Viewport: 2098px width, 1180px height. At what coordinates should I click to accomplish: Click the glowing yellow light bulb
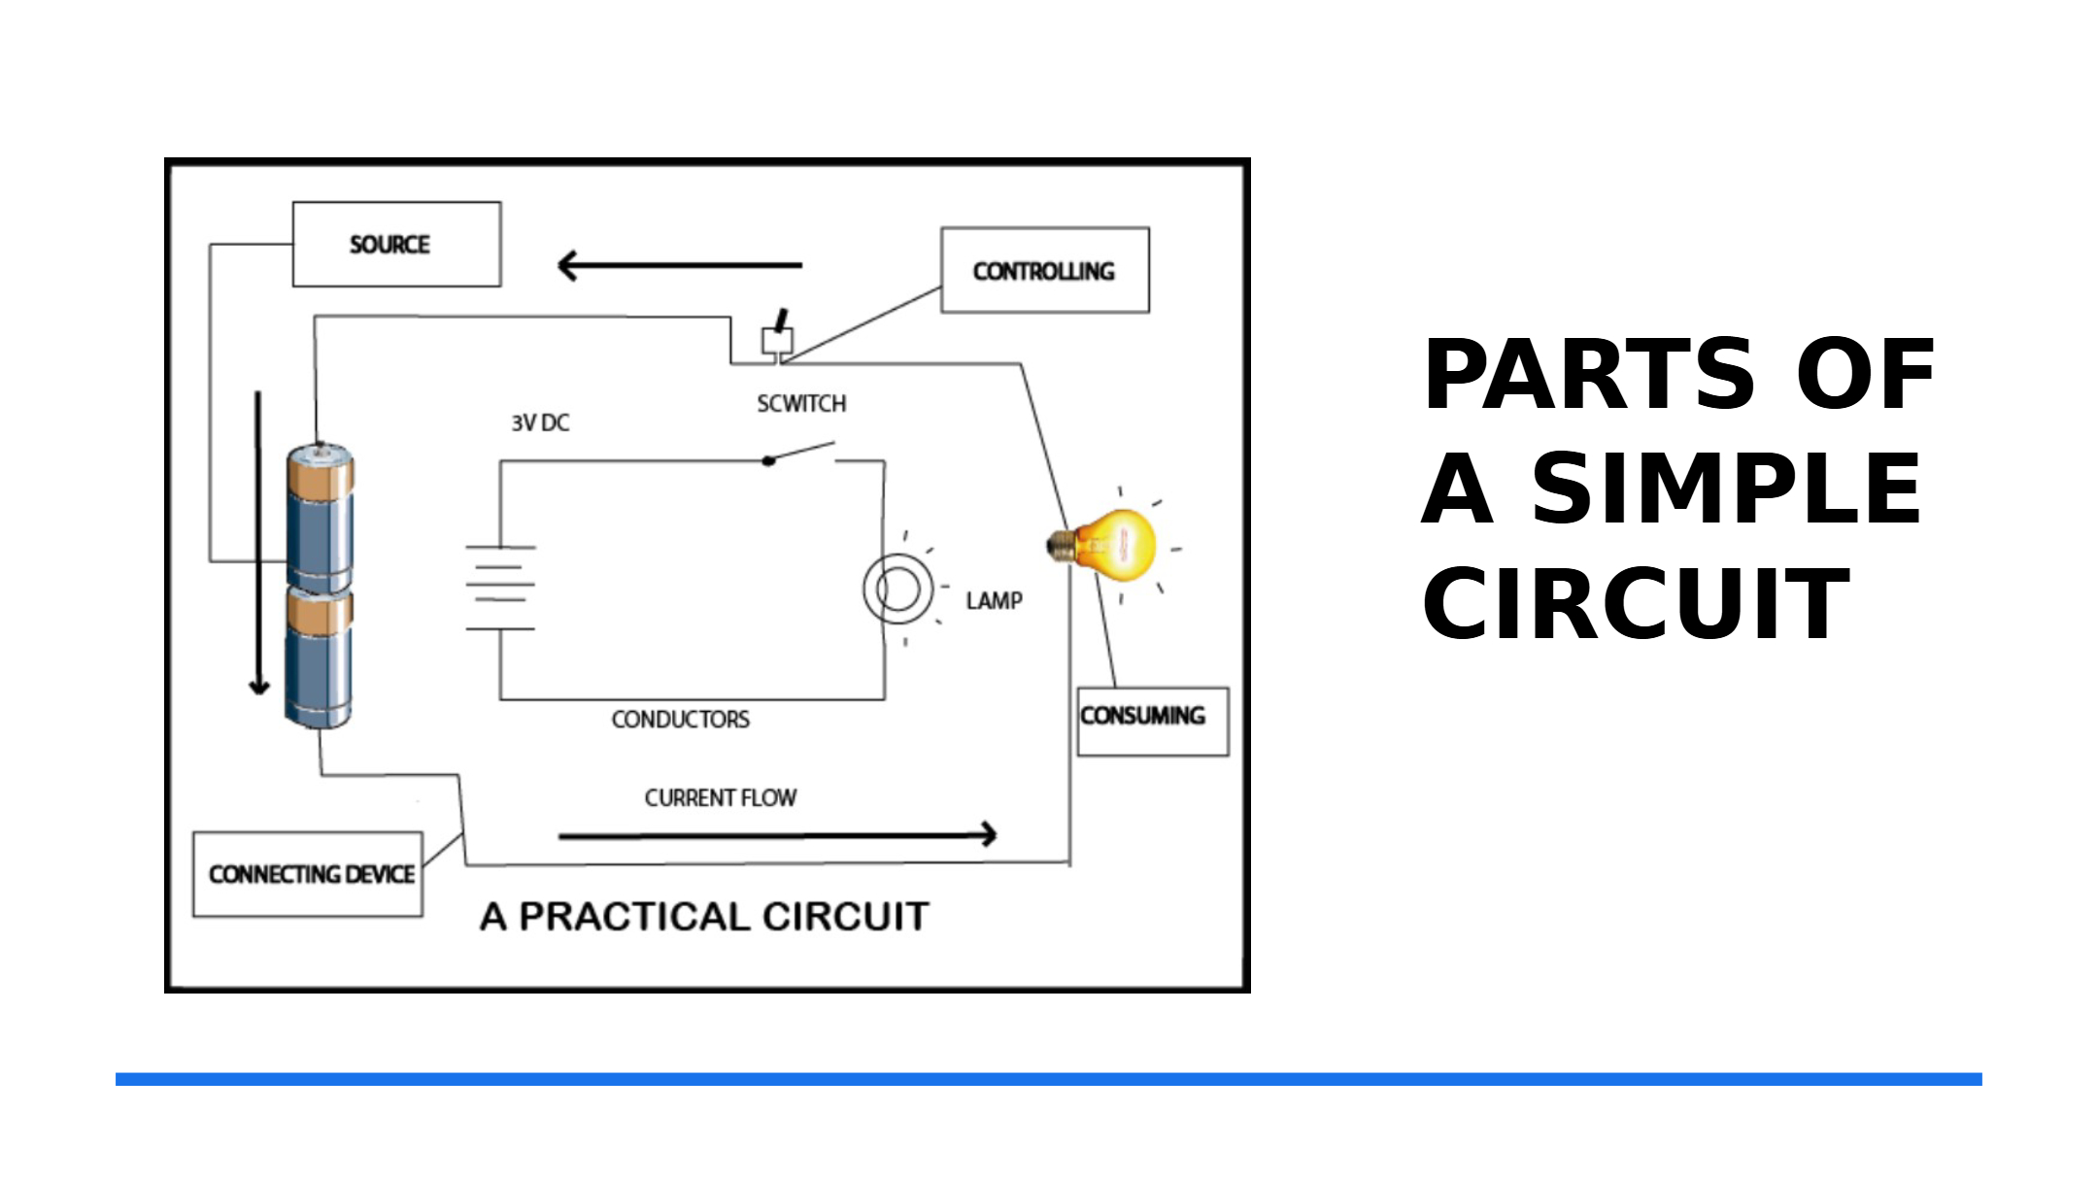(1102, 546)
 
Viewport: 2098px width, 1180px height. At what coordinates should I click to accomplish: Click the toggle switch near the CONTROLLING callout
(777, 336)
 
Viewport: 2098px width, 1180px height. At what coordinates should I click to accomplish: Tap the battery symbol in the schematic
(500, 588)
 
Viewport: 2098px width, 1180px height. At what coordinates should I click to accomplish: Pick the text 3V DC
(540, 422)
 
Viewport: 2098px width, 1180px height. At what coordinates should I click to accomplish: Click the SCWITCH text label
(801, 403)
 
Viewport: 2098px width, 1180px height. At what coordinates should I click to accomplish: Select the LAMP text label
(994, 601)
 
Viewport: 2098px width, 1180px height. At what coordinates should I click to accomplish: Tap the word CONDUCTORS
(680, 720)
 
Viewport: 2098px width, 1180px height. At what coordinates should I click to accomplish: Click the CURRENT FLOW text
(720, 798)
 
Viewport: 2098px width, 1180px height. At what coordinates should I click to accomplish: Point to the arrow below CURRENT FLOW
(778, 834)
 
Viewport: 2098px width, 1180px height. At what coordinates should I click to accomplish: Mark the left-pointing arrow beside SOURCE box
(680, 265)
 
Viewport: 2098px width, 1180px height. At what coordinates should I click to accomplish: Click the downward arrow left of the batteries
(258, 543)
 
